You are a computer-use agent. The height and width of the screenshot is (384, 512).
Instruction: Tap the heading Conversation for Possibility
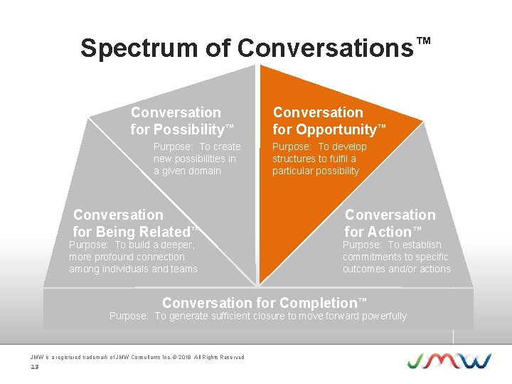[x=182, y=121]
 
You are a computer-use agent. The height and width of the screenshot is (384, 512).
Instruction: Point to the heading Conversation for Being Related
[x=133, y=223]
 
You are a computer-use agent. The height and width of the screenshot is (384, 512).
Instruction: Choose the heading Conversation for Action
[x=390, y=223]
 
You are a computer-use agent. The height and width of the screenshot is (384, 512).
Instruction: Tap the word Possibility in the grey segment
[x=187, y=129]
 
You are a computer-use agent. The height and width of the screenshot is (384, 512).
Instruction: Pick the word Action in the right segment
[x=389, y=232]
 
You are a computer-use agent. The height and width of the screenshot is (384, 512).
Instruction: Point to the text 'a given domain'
[x=187, y=171]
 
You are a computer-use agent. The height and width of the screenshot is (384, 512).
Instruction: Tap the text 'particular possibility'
[x=316, y=171]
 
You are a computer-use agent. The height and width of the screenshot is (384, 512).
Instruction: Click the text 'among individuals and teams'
[x=133, y=269]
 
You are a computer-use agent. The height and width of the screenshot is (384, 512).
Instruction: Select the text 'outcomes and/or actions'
[x=396, y=269]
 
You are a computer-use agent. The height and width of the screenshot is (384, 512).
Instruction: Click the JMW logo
[x=449, y=361]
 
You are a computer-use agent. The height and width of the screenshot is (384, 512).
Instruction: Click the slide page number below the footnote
[x=34, y=367]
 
